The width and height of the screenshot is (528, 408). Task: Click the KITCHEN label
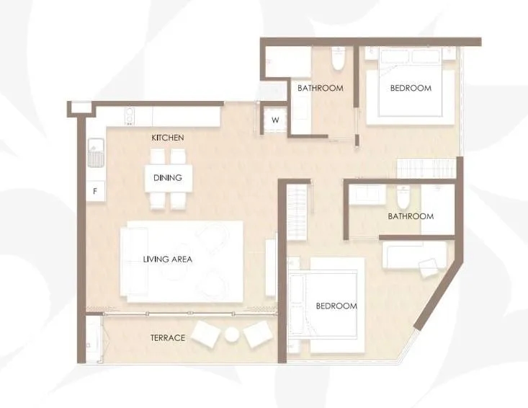(168, 138)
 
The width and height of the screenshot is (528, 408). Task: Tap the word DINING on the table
(168, 177)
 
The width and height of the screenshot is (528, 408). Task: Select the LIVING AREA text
(168, 259)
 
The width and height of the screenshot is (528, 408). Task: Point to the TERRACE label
(168, 337)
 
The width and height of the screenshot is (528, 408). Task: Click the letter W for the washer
(275, 120)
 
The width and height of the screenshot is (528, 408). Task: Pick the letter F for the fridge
(95, 191)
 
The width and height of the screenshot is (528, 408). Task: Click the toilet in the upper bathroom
(337, 59)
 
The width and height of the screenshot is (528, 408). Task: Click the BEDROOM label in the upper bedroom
(411, 88)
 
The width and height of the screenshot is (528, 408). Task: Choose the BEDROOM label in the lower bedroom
(336, 306)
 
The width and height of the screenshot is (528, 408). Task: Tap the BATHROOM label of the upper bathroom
(321, 88)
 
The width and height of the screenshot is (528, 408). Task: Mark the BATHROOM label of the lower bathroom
(411, 216)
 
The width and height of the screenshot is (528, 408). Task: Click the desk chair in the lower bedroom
(429, 267)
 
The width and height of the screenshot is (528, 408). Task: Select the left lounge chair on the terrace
(206, 334)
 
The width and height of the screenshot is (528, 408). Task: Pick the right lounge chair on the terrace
(258, 334)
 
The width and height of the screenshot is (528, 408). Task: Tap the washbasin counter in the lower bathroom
(367, 196)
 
